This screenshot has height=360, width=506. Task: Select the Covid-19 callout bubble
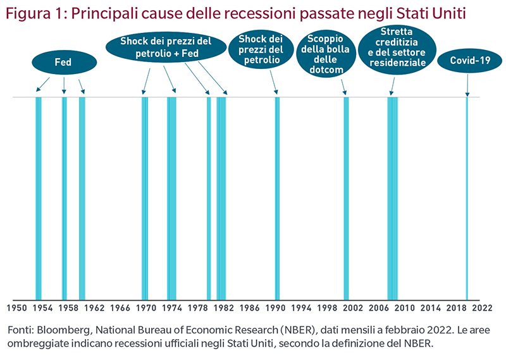(x=468, y=61)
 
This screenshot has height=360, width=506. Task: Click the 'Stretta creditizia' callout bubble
(x=397, y=47)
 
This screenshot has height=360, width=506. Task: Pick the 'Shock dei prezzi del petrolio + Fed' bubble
(x=165, y=48)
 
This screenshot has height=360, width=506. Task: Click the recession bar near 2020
(x=467, y=196)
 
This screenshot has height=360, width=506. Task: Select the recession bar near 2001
(x=346, y=196)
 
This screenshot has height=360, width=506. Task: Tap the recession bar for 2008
(x=393, y=196)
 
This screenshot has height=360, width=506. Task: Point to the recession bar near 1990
(x=277, y=196)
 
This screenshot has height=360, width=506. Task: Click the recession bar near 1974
(x=171, y=196)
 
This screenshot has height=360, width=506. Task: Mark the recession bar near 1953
(x=39, y=196)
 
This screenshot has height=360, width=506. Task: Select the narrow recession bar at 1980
(x=209, y=196)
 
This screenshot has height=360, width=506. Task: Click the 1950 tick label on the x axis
(x=16, y=309)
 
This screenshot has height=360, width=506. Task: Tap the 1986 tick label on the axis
(x=249, y=309)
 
